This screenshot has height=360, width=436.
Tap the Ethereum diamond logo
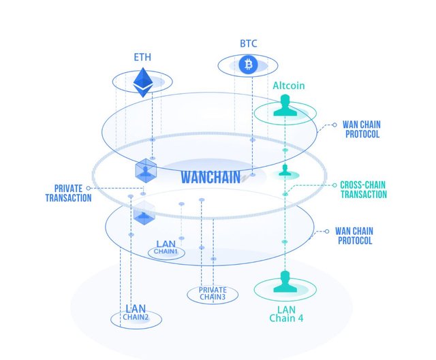(x=143, y=81)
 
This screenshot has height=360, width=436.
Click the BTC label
(x=247, y=43)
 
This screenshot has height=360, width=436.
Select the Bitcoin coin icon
(x=247, y=65)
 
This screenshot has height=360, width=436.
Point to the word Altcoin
(x=289, y=86)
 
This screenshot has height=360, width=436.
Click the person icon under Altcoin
(x=285, y=108)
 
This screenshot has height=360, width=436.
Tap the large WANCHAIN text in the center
(x=211, y=178)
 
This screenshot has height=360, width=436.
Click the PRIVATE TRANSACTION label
(x=68, y=193)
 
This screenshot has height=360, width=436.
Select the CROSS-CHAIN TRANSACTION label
(x=363, y=190)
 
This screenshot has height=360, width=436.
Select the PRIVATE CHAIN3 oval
(x=213, y=294)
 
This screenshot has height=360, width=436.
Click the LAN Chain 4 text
(x=286, y=314)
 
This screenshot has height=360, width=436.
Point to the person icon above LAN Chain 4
(x=285, y=282)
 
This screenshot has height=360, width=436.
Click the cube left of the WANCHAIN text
(x=144, y=169)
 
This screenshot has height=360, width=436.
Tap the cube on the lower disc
(x=144, y=214)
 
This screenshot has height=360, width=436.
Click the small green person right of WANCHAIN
(x=285, y=170)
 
